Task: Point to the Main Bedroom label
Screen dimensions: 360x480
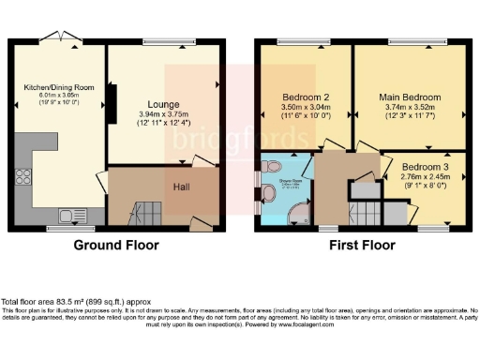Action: (x=409, y=97)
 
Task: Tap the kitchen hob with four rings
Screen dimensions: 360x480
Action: (x=22, y=175)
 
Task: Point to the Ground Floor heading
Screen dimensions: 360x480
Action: (x=115, y=246)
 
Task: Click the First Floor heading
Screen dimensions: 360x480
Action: (x=360, y=246)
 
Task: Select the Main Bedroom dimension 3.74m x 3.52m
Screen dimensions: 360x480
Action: (x=409, y=107)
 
